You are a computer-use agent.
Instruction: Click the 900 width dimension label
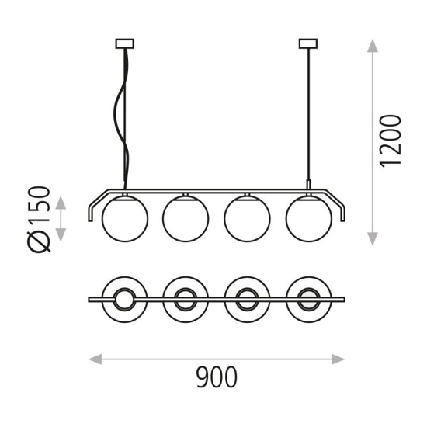tap(217, 377)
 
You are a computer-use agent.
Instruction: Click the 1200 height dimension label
tap(391, 141)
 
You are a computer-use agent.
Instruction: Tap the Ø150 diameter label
tap(39, 220)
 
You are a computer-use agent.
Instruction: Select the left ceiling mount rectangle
tap(125, 43)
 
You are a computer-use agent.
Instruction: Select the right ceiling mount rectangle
tap(308, 43)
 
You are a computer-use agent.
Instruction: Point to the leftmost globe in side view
tap(125, 218)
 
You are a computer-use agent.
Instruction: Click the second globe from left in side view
tap(186, 218)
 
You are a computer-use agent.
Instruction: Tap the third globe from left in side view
tap(247, 218)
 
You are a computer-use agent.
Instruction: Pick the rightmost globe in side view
tap(309, 218)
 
